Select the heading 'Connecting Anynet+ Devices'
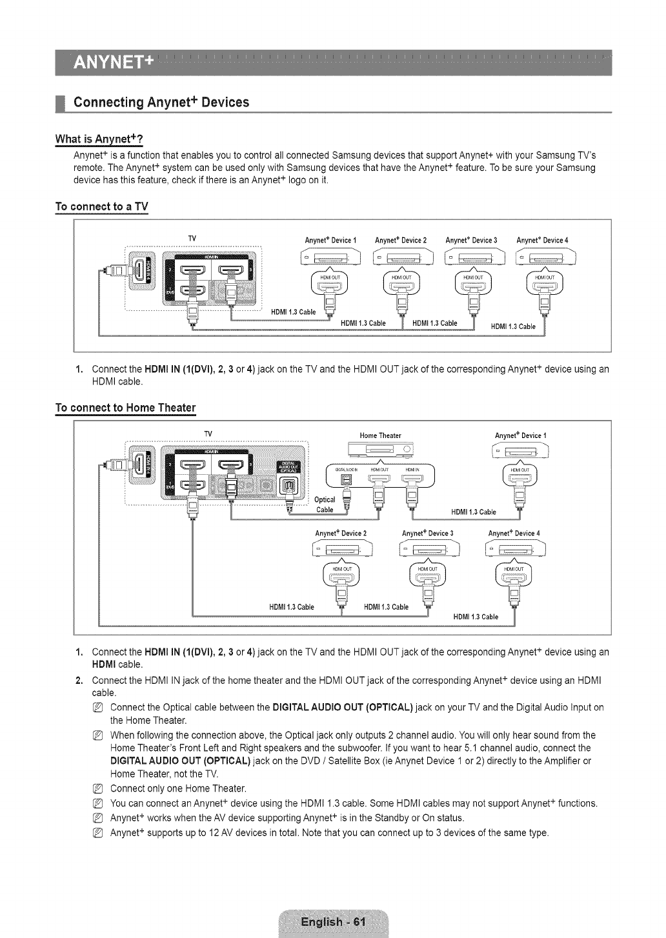coord(161,103)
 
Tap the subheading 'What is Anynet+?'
coord(99,139)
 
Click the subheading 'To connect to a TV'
coord(101,207)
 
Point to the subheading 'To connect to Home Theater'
coord(125,408)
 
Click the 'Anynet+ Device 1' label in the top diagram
coord(330,241)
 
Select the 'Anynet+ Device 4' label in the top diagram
coord(542,241)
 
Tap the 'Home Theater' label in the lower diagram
coord(380,435)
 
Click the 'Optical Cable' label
coord(325,504)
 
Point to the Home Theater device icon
coord(380,450)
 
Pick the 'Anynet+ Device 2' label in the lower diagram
coord(341,534)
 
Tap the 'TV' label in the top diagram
coord(192,239)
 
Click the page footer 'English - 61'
coord(333,921)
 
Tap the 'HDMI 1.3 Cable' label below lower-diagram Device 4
coord(476,617)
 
